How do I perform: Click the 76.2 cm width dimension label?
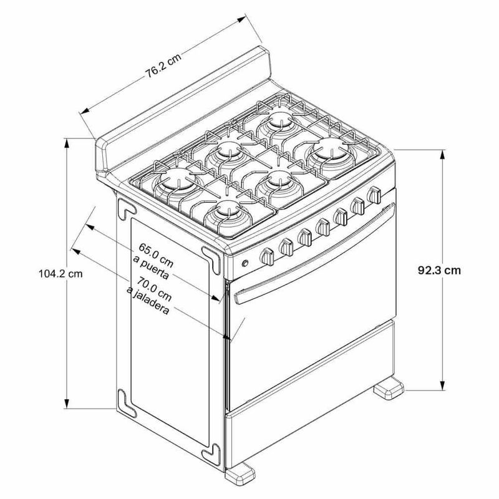pyautogui.click(x=163, y=66)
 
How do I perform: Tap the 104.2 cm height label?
pyautogui.click(x=61, y=273)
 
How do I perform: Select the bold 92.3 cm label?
pyautogui.click(x=439, y=270)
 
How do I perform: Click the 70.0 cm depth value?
pyautogui.click(x=154, y=288)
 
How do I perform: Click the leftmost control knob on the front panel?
pyautogui.click(x=267, y=256)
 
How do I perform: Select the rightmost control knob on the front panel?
pyautogui.click(x=374, y=195)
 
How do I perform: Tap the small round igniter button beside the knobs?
pyautogui.click(x=245, y=263)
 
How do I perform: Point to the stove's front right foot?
pyautogui.click(x=389, y=387)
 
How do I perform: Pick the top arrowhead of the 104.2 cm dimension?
pyautogui.click(x=67, y=144)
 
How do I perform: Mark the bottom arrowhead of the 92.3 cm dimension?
pyautogui.click(x=442, y=385)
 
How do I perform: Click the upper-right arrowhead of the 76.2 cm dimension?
pyautogui.click(x=241, y=19)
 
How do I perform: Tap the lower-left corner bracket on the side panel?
pyautogui.click(x=127, y=402)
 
